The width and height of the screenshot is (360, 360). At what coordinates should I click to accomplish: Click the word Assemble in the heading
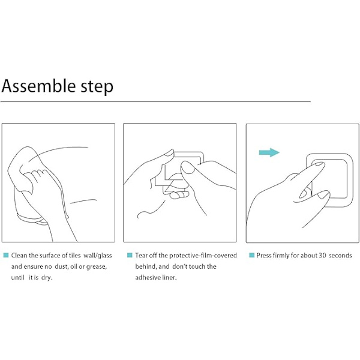pos(38,86)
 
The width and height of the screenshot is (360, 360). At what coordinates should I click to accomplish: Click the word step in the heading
pos(97,87)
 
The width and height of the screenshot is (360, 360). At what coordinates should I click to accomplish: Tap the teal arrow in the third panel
pos(269,152)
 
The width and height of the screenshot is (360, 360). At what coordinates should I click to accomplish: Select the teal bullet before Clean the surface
pos(6,255)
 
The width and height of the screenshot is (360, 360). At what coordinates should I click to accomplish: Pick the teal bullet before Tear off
pos(130,255)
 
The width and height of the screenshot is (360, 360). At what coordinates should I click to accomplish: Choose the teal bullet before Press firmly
pos(252,255)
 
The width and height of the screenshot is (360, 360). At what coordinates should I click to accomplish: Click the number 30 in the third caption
pos(322,256)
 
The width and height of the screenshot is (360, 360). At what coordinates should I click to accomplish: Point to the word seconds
pos(340,256)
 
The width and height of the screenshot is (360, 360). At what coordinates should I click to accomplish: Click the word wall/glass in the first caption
pos(98,256)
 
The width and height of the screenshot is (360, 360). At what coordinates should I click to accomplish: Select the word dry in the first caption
pos(47,278)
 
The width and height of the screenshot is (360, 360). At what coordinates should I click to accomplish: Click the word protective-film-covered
pos(203,256)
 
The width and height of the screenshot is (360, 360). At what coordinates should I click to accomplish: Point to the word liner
pos(169,278)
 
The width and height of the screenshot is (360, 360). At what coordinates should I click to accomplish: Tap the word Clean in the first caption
pos(19,256)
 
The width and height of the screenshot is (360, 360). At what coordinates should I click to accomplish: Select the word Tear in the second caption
pos(141,256)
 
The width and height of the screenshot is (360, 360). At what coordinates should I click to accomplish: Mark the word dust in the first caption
pos(61,267)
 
